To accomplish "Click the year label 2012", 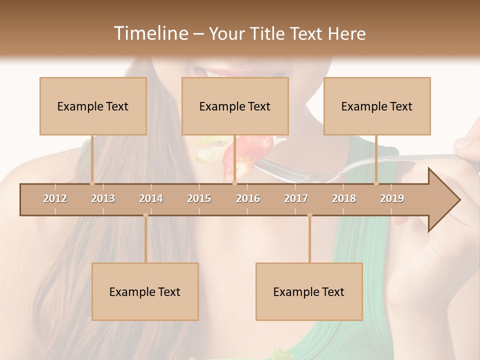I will point(55,198).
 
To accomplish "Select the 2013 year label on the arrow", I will point(103,198).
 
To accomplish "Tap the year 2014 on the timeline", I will point(151,198).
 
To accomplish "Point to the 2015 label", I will point(199,198).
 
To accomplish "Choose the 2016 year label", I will point(248,198).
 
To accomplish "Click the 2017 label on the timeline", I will point(296,198).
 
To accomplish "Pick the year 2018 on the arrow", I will point(344,198).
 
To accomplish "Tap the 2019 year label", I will point(392,198).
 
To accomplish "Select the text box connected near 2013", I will point(93,106).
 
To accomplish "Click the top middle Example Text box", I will point(235,106).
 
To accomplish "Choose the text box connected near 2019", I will point(377,106).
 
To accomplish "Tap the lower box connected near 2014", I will point(145,291).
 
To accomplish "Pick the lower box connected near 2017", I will point(309,291).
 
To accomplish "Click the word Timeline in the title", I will point(150,33).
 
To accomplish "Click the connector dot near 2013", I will point(92,183).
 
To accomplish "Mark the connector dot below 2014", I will point(145,215).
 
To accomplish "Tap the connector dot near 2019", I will point(376,183).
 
